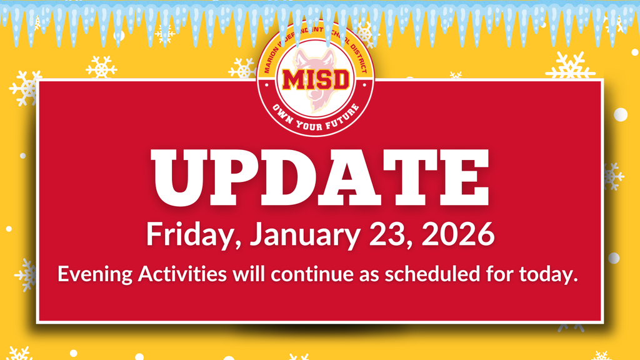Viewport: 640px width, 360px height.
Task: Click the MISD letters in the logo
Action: (316, 79)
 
